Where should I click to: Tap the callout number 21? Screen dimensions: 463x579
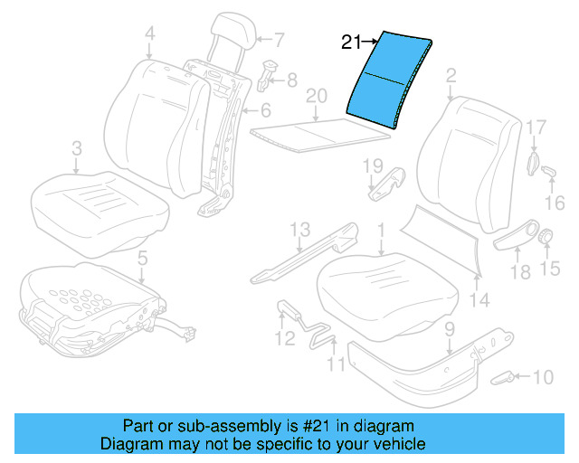click(x=351, y=41)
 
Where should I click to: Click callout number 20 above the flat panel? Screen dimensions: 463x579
click(x=315, y=96)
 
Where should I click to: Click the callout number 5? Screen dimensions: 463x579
click(x=141, y=260)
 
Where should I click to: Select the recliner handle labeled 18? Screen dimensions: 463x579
click(x=516, y=237)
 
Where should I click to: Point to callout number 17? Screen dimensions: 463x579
click(x=535, y=127)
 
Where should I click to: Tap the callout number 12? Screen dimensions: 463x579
click(x=285, y=339)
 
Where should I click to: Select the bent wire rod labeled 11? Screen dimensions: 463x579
click(x=322, y=334)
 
